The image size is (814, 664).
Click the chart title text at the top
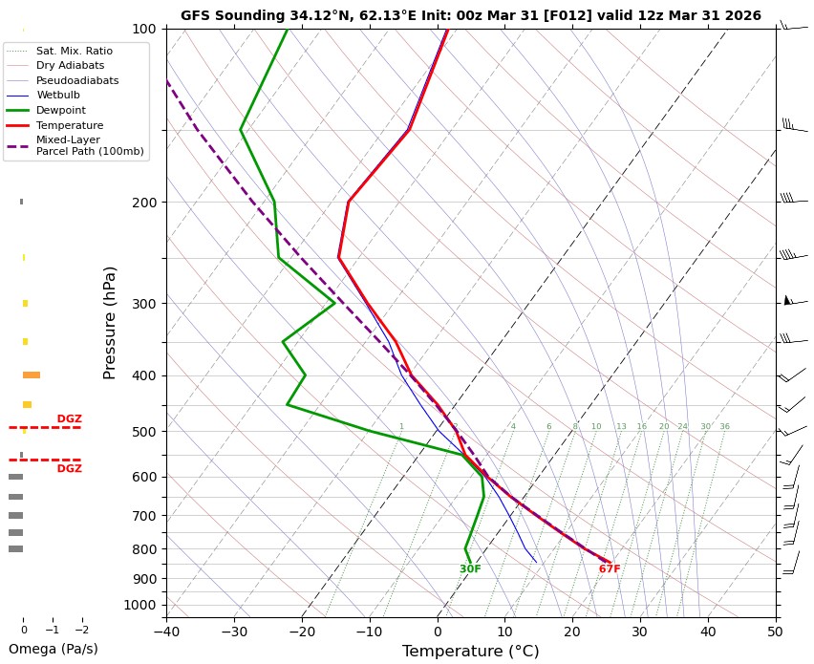point(470,15)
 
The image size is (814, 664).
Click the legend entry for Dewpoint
point(60,110)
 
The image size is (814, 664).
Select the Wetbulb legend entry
point(59,95)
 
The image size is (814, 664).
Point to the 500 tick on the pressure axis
point(144,432)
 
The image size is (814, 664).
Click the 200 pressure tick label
point(144,203)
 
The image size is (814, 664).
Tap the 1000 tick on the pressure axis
point(140,605)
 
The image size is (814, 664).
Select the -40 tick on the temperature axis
point(166,631)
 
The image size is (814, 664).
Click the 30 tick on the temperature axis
point(640,631)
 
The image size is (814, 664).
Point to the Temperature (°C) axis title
point(470,652)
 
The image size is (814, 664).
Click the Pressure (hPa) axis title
point(110,322)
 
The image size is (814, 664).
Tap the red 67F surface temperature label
point(610,569)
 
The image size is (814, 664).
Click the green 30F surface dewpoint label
point(470,569)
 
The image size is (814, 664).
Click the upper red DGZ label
point(69,418)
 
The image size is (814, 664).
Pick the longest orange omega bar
point(32,375)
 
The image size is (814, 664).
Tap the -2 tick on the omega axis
point(81,631)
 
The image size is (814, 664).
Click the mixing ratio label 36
point(724,427)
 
